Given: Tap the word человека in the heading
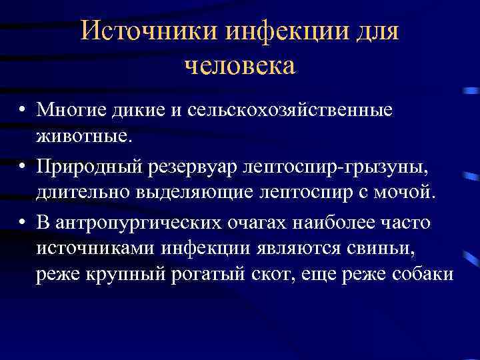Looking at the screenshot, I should point(239,65).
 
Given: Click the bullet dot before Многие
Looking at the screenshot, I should point(23,109).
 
